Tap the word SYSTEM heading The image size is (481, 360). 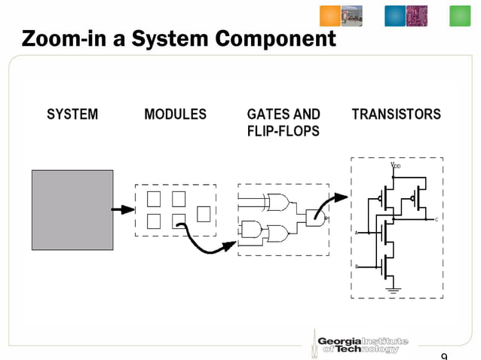coord(72,115)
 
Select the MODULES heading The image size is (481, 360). coord(175,115)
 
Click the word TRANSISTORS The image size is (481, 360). coord(396,115)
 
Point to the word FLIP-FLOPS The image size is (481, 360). coord(283,132)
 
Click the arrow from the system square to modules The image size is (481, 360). coord(123,210)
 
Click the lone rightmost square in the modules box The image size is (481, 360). coord(204,214)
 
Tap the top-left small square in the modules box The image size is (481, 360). coord(154,199)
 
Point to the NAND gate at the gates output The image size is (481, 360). coord(317,218)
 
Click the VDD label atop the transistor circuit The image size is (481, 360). coord(395,164)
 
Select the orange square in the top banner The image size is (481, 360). coord(330,16)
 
